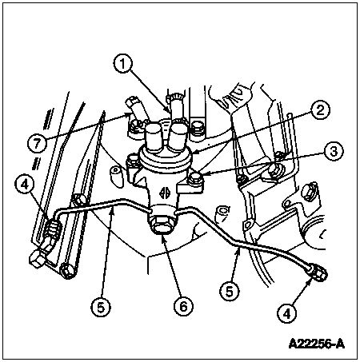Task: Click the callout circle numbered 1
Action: point(123,64)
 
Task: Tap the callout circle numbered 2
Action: point(320,110)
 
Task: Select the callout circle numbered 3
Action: point(334,151)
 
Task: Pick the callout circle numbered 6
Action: point(183,306)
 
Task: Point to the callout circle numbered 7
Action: point(37,144)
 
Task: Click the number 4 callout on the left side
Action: point(25,185)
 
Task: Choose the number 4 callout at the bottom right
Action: point(286,314)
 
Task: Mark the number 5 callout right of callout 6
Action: point(230,291)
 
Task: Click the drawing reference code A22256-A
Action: point(317,344)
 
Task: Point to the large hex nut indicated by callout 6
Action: point(162,225)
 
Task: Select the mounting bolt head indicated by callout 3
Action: point(195,178)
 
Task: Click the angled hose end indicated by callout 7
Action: point(134,109)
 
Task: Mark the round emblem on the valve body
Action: point(163,193)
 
